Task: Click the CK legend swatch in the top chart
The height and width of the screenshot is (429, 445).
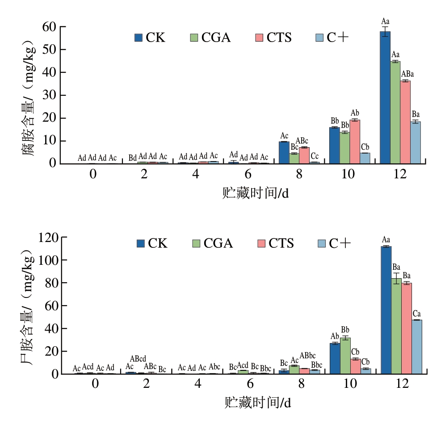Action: [139, 38]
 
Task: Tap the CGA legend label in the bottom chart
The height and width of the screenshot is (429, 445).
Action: [218, 243]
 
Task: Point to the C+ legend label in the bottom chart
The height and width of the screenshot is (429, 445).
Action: [340, 243]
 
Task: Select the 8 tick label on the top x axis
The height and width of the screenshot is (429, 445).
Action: [298, 174]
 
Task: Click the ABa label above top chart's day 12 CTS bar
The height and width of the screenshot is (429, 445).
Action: [407, 74]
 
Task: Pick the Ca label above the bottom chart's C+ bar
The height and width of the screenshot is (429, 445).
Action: [416, 313]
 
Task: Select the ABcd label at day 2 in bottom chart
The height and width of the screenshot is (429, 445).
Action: [138, 359]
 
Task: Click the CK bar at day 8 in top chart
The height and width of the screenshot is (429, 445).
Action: [284, 153]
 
